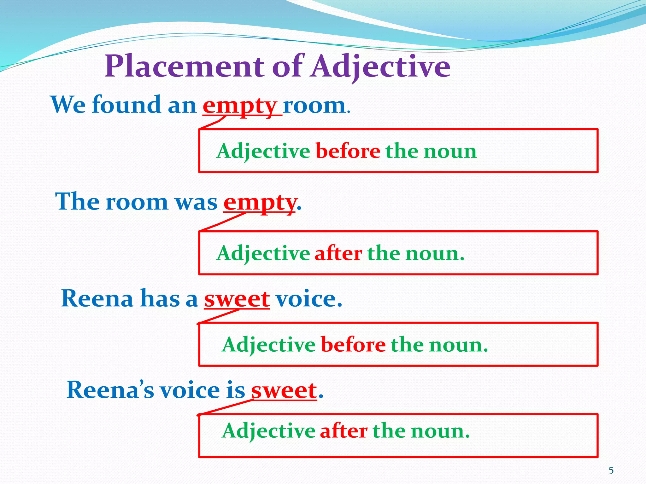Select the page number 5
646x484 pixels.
(611, 470)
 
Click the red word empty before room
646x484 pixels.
(240, 106)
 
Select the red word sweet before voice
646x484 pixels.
(237, 299)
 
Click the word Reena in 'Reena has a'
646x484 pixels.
(97, 298)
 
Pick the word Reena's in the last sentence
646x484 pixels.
(110, 390)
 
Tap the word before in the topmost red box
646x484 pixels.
(348, 151)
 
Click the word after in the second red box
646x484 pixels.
(338, 253)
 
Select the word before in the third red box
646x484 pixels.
(353, 345)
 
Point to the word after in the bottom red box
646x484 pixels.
(344, 431)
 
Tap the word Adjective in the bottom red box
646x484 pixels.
(268, 431)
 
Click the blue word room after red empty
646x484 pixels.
(314, 106)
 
